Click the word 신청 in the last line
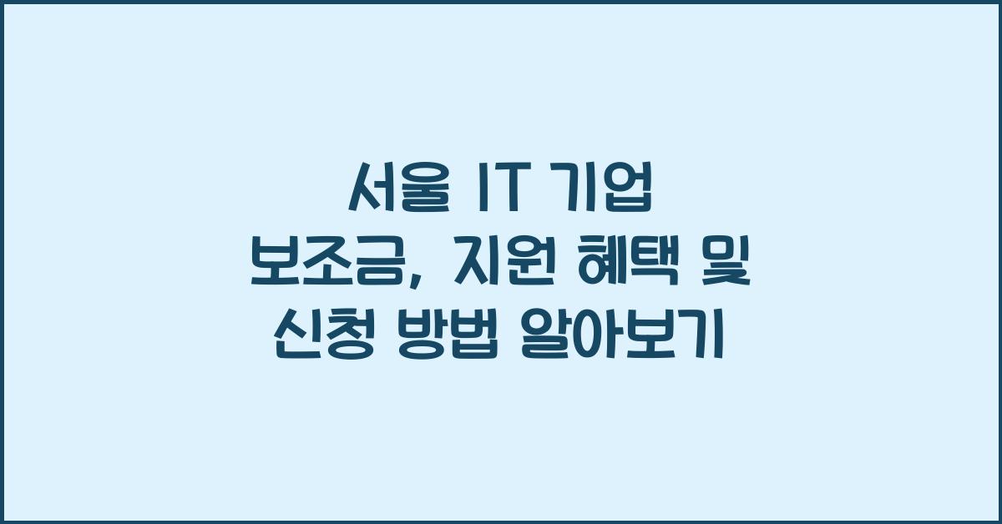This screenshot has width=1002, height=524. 321,340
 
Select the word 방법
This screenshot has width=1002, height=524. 443,340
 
